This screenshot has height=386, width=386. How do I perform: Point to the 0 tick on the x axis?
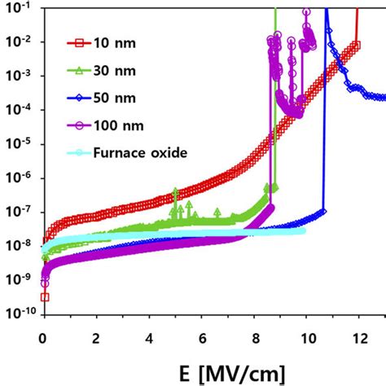43,336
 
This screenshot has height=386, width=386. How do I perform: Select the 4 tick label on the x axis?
148,336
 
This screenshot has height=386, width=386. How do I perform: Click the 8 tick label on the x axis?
254,336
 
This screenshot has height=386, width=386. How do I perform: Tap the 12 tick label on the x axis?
358,336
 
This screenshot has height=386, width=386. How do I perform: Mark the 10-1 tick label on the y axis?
20,9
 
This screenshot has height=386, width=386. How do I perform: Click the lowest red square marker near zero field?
45,296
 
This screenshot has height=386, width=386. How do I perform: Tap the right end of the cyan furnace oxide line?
305,231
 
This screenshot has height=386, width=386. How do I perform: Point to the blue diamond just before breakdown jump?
323,212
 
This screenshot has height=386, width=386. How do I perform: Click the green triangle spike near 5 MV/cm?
175,192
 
